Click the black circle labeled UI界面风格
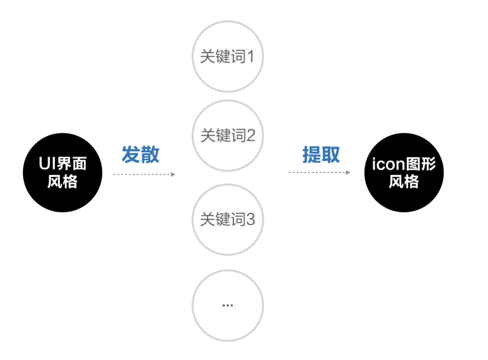pos(63,172)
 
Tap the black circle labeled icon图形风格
pos(404,172)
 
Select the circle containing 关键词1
pos(228,57)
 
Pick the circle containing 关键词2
pos(228,136)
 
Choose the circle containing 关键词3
pos(228,219)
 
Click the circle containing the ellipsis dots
pos(228,305)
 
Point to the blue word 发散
pos(141,155)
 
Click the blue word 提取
pos(321,155)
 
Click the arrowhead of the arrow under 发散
pos(173,174)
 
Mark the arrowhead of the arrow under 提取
pos(348,172)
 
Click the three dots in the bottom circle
pos(228,305)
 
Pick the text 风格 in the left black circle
pos(63,182)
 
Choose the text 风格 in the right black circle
pos(404,182)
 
